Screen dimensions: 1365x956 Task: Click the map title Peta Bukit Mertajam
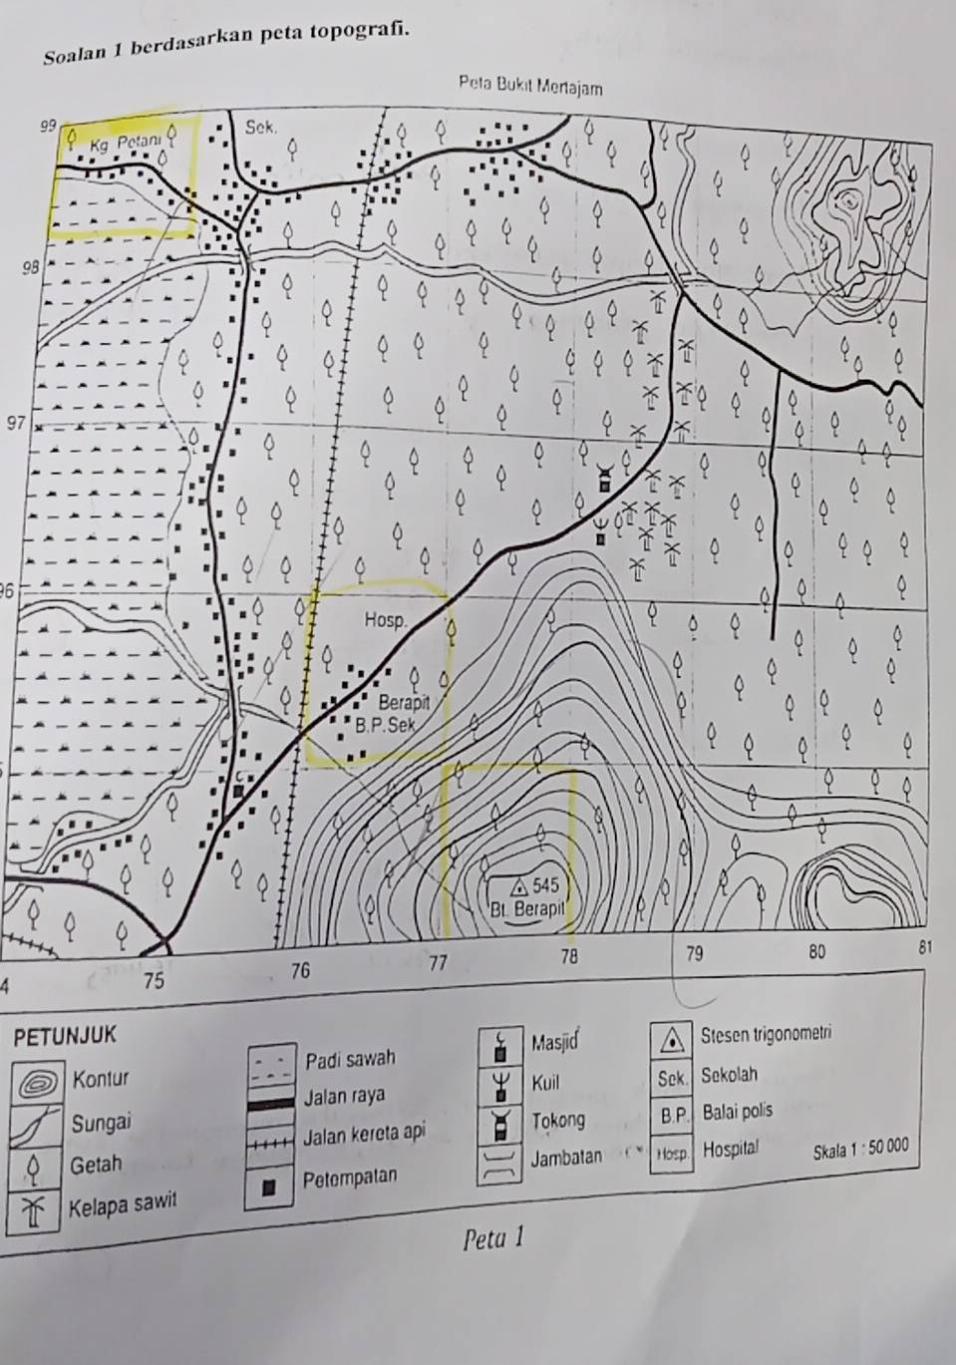(x=530, y=88)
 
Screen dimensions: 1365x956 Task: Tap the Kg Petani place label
(x=124, y=143)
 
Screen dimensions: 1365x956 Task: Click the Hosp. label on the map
(x=385, y=620)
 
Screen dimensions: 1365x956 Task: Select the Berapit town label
(x=403, y=703)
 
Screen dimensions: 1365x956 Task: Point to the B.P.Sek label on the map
(x=385, y=725)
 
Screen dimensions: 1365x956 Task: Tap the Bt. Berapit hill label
(x=527, y=908)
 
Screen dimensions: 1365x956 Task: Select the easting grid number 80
(x=816, y=951)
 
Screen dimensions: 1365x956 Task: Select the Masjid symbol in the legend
(x=501, y=1048)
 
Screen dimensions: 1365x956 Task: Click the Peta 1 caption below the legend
(x=494, y=1238)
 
